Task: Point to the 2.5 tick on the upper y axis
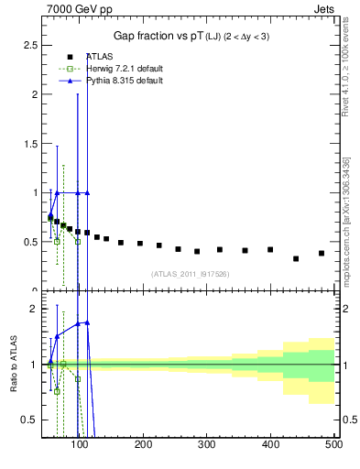coord(28,45)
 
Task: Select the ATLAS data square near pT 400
coord(270,249)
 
